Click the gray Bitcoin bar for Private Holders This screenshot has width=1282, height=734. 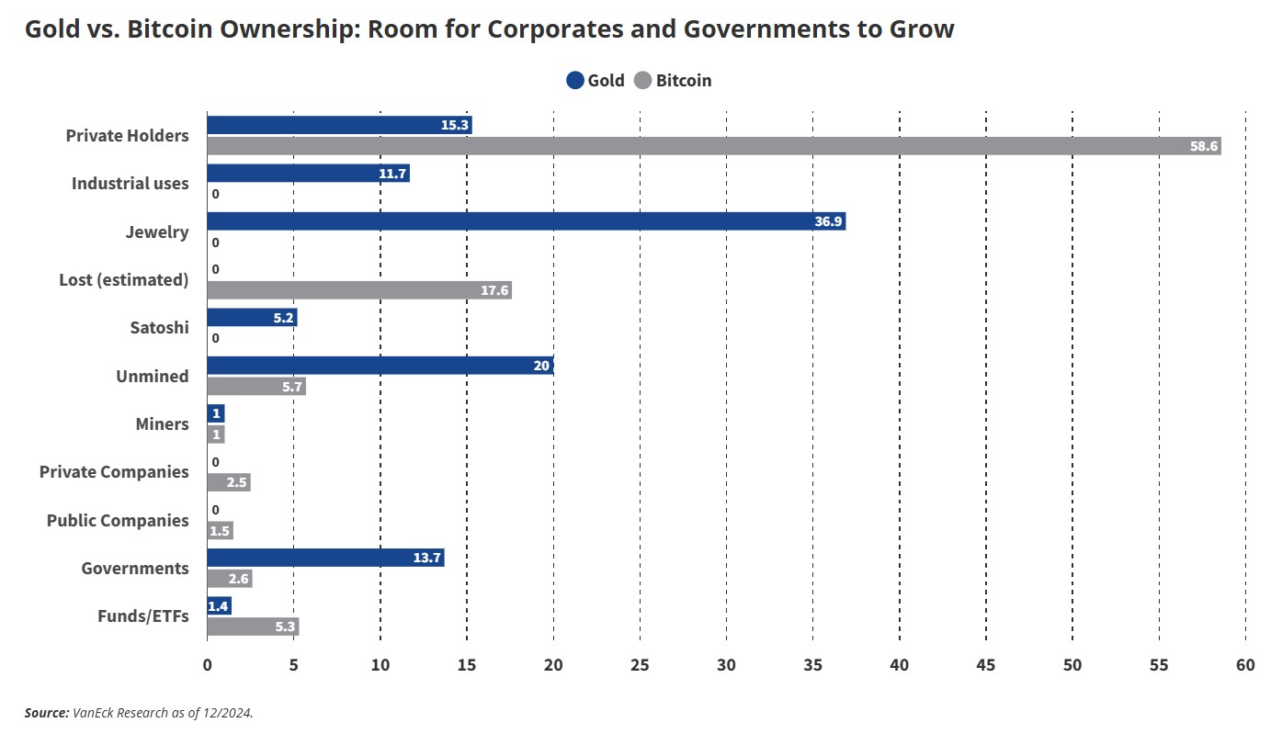[x=713, y=146]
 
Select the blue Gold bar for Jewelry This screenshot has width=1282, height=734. [x=526, y=221]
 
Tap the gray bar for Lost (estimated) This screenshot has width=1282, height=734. [x=358, y=290]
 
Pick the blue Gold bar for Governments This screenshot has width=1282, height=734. [x=325, y=558]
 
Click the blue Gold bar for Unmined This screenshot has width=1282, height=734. [x=380, y=366]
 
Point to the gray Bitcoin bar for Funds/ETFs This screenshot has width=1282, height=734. [x=253, y=627]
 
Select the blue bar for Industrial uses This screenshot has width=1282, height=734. [x=308, y=174]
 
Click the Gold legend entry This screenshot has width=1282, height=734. [x=596, y=80]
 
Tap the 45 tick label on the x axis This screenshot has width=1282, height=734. [x=986, y=666]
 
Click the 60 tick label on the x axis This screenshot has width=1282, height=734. [x=1245, y=666]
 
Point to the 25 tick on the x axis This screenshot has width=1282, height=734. [x=640, y=666]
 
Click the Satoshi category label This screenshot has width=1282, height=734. [x=159, y=328]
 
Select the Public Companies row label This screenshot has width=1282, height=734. [x=118, y=521]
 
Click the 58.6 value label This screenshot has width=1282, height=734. [x=1203, y=146]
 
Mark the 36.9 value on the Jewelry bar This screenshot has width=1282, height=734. [x=828, y=221]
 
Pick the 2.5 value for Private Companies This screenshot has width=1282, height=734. [x=237, y=482]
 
